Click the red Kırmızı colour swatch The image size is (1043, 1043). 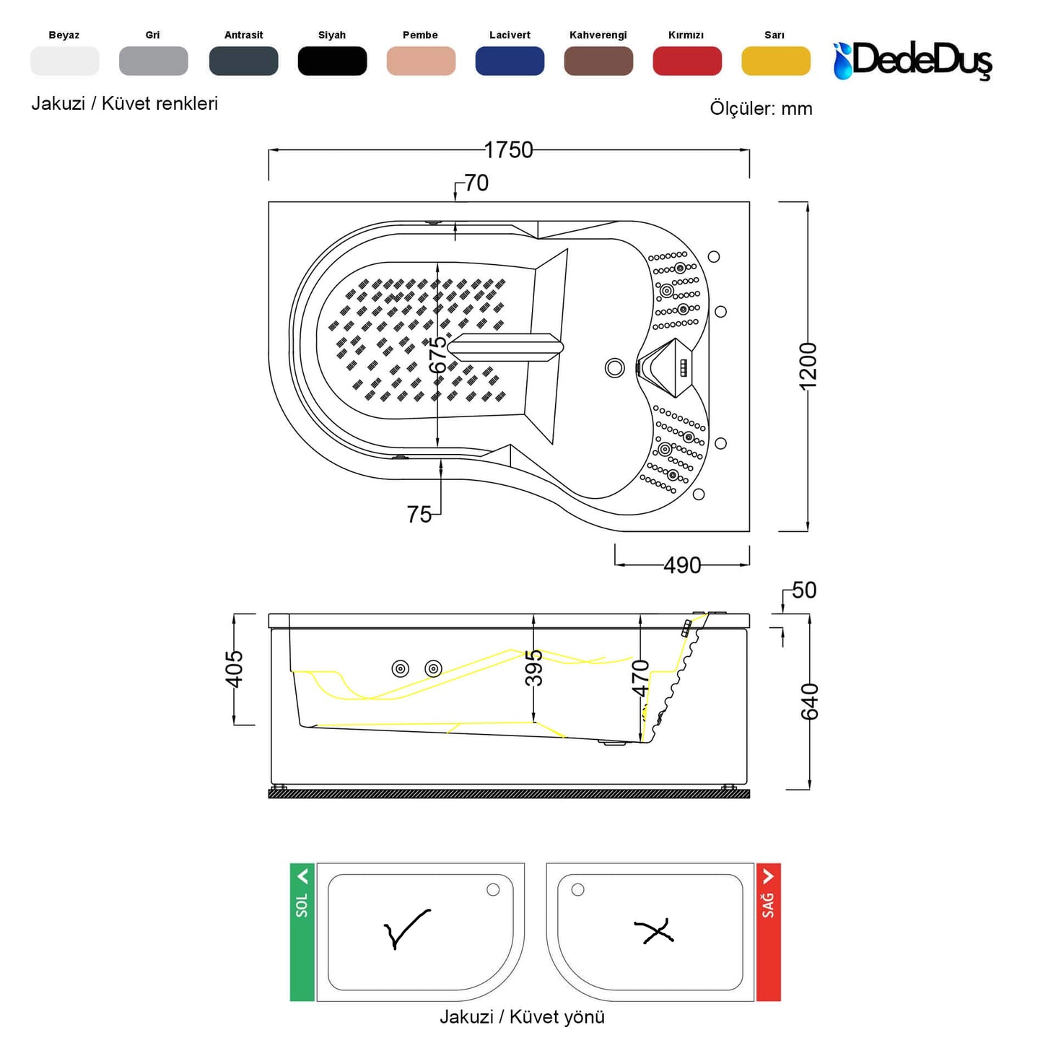pyautogui.click(x=686, y=61)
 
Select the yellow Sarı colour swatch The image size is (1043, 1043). pyautogui.click(x=775, y=61)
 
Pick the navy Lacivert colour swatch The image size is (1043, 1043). pyautogui.click(x=510, y=61)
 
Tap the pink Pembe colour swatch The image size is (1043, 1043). pyautogui.click(x=421, y=61)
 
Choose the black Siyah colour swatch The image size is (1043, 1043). pyautogui.click(x=332, y=61)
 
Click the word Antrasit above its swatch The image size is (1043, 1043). pyautogui.click(x=243, y=35)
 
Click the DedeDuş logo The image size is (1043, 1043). pyautogui.click(x=912, y=61)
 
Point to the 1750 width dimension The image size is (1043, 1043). pyautogui.click(x=508, y=150)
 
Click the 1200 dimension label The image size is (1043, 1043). pyautogui.click(x=808, y=366)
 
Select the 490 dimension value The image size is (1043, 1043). pyautogui.click(x=682, y=566)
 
